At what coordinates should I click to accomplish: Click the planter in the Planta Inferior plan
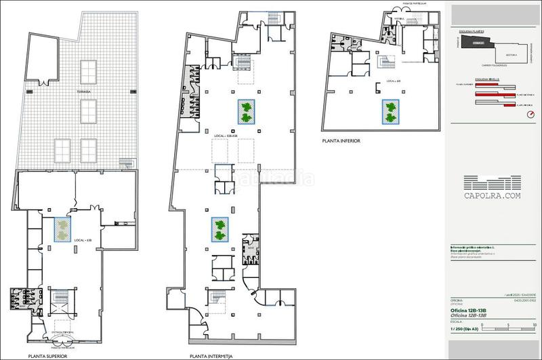pos(389,112)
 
